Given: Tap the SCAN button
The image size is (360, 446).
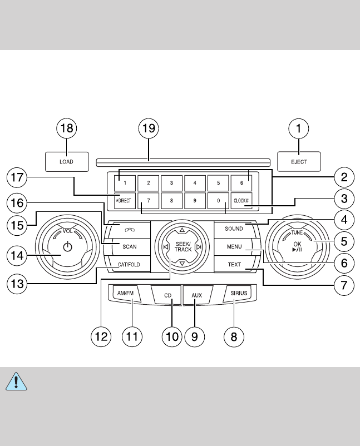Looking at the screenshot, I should [x=127, y=245].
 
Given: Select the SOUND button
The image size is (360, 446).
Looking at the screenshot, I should [x=234, y=229].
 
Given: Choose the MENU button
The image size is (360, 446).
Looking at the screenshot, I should [x=234, y=246].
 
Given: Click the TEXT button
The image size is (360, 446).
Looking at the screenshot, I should [x=234, y=265].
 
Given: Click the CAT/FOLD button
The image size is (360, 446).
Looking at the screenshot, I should [x=127, y=265].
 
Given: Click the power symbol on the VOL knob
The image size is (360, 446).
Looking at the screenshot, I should [x=67, y=246].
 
